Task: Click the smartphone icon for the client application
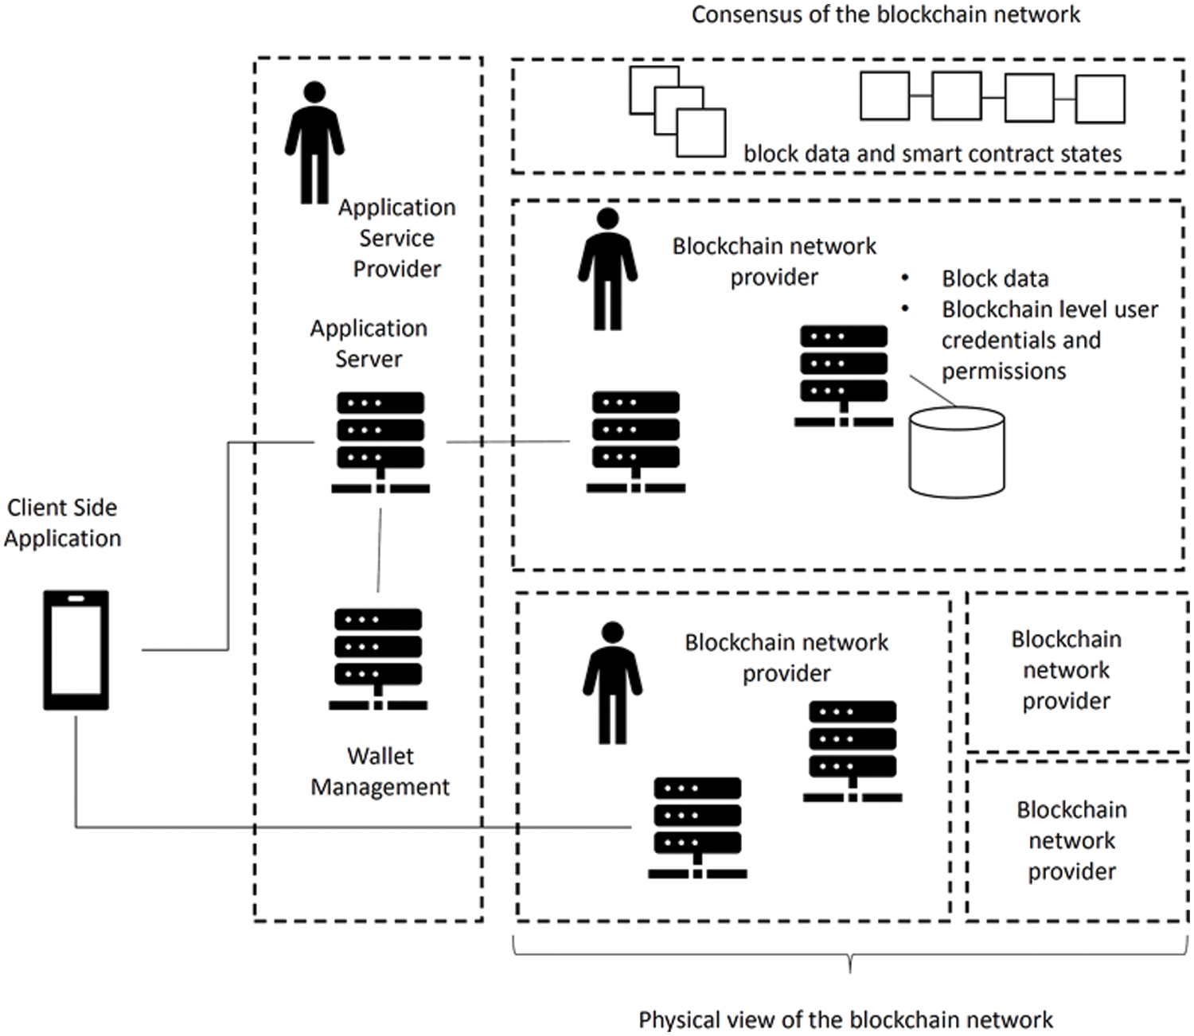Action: [76, 649]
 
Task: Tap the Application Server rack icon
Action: [380, 442]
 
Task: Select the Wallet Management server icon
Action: [378, 659]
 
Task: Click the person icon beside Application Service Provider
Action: [314, 142]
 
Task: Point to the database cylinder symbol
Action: [957, 452]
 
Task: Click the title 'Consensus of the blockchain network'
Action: [885, 14]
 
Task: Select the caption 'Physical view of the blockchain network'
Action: [845, 1019]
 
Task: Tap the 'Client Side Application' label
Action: [62, 523]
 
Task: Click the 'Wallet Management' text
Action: [380, 771]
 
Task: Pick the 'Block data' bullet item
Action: [995, 278]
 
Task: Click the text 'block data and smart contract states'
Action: [932, 154]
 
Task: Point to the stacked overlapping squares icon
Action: [677, 111]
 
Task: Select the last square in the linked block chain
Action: [1100, 99]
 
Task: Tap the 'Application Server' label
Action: [369, 343]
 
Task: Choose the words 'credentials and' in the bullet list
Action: [1021, 341]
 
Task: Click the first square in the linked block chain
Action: [885, 96]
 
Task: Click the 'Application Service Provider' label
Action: [396, 238]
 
